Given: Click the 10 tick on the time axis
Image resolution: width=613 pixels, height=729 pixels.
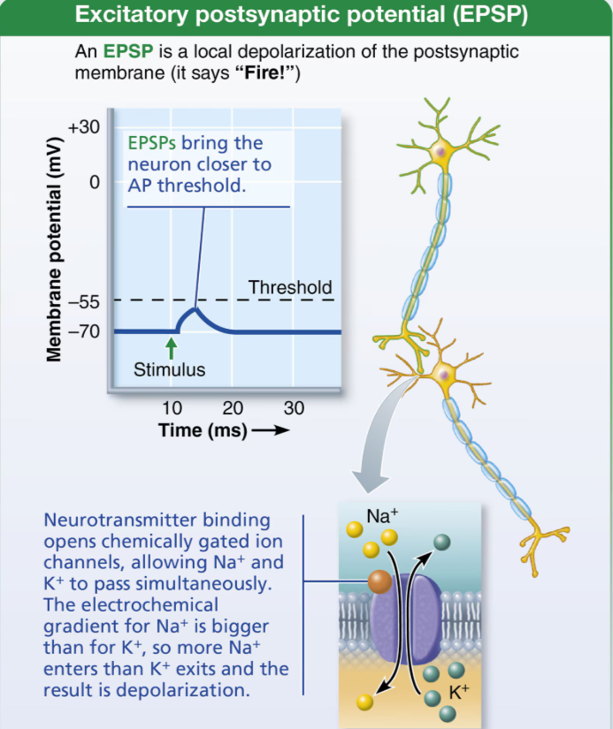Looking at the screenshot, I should [x=172, y=408].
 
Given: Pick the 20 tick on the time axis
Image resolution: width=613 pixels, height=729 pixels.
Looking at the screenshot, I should [x=233, y=408].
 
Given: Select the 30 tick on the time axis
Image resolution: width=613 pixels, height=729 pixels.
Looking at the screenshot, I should [x=294, y=408].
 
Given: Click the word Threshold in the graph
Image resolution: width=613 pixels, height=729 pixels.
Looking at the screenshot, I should [x=290, y=287].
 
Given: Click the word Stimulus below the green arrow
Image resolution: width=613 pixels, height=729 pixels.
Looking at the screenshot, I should [x=169, y=370].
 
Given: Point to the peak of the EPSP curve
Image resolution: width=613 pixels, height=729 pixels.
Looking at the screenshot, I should [x=195, y=308].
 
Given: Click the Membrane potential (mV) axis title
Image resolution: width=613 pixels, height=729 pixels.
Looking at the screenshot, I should [x=54, y=249].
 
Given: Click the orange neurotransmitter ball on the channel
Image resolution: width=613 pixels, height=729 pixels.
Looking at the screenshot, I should [x=379, y=581].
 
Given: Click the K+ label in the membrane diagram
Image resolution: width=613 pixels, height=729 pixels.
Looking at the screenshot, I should [x=459, y=692].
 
